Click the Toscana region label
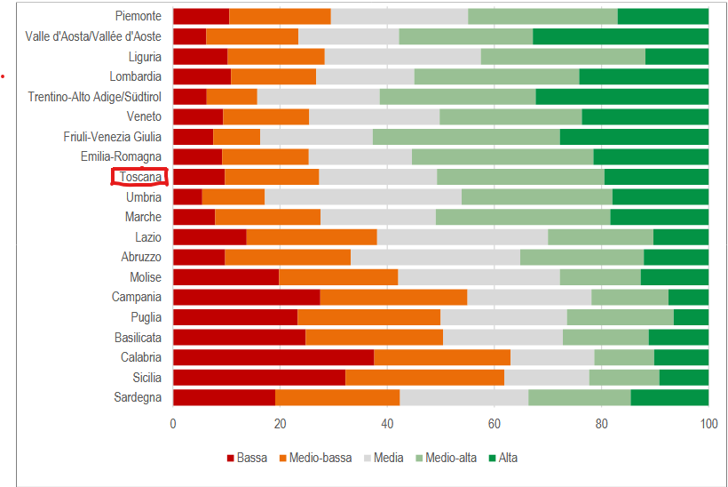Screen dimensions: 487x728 click(140, 177)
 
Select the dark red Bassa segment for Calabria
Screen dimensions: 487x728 click(273, 357)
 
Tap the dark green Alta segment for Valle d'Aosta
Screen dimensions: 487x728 click(621, 36)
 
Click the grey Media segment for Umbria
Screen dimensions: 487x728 click(362, 196)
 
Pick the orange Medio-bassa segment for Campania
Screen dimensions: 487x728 click(393, 297)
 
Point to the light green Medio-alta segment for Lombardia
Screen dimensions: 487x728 click(496, 76)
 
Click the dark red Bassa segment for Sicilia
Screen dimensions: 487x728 click(258, 378)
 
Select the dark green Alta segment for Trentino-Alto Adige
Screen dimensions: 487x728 click(621, 96)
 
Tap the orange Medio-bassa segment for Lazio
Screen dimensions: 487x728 click(311, 236)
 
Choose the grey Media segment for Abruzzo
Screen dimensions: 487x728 click(435, 257)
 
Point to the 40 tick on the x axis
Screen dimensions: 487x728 click(387, 424)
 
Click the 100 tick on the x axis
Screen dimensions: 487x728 click(708, 424)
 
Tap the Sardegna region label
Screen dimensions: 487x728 click(138, 397)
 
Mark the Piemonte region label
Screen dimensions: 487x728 click(138, 16)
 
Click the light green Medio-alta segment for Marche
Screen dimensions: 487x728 click(523, 217)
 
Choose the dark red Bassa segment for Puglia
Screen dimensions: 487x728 click(234, 317)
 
